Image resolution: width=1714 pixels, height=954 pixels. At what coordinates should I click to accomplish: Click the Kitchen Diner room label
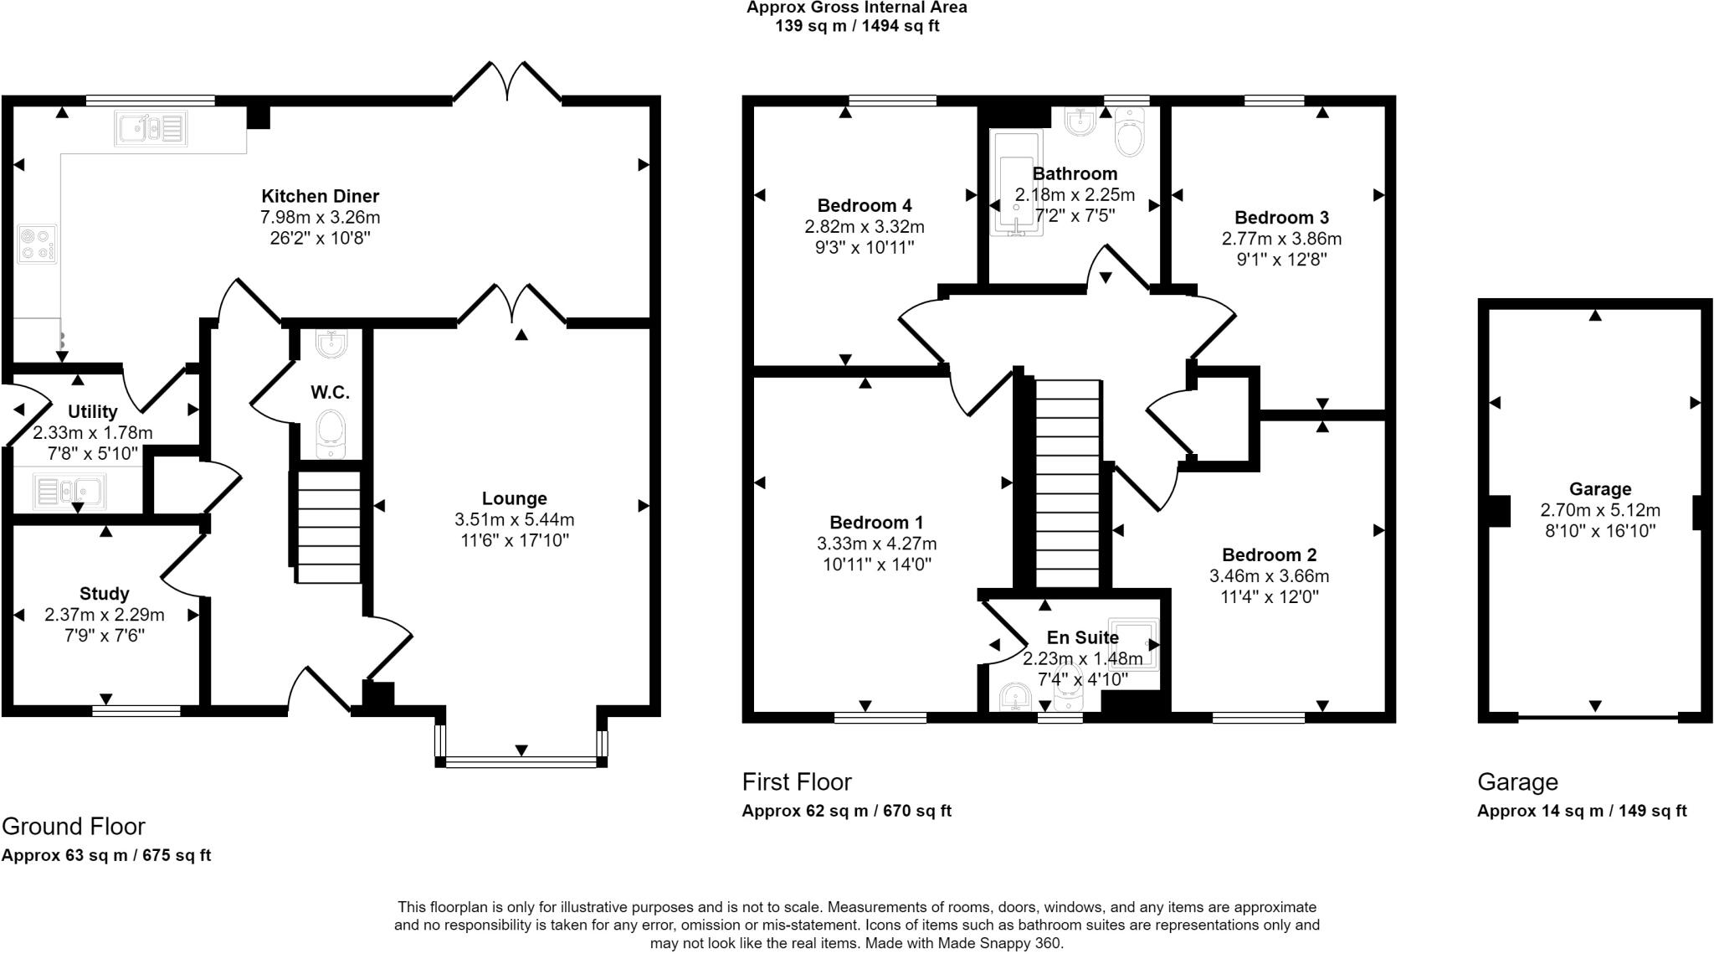(x=320, y=196)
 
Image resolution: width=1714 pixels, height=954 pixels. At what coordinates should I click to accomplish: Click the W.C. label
(x=330, y=392)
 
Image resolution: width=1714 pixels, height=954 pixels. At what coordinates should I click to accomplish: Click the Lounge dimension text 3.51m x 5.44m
(x=514, y=519)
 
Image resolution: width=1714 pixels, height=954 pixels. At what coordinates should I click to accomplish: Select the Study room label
(x=104, y=594)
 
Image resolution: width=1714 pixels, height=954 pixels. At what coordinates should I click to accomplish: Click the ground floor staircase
(x=329, y=527)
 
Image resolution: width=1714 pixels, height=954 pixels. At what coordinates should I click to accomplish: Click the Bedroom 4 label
(x=864, y=205)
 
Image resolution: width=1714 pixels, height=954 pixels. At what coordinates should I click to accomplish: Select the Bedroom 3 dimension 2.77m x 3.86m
(x=1281, y=239)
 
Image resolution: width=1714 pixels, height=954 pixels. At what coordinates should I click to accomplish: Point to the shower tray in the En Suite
(x=1134, y=644)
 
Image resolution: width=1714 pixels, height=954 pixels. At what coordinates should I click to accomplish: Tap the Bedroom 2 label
(x=1269, y=554)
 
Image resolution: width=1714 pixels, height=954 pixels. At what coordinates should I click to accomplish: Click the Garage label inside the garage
(x=1599, y=489)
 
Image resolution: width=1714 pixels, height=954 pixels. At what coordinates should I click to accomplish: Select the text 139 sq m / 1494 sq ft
(x=857, y=26)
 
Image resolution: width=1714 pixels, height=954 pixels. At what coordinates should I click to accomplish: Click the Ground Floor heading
(x=74, y=827)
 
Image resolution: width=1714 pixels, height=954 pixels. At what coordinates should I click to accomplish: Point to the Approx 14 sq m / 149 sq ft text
(x=1581, y=811)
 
